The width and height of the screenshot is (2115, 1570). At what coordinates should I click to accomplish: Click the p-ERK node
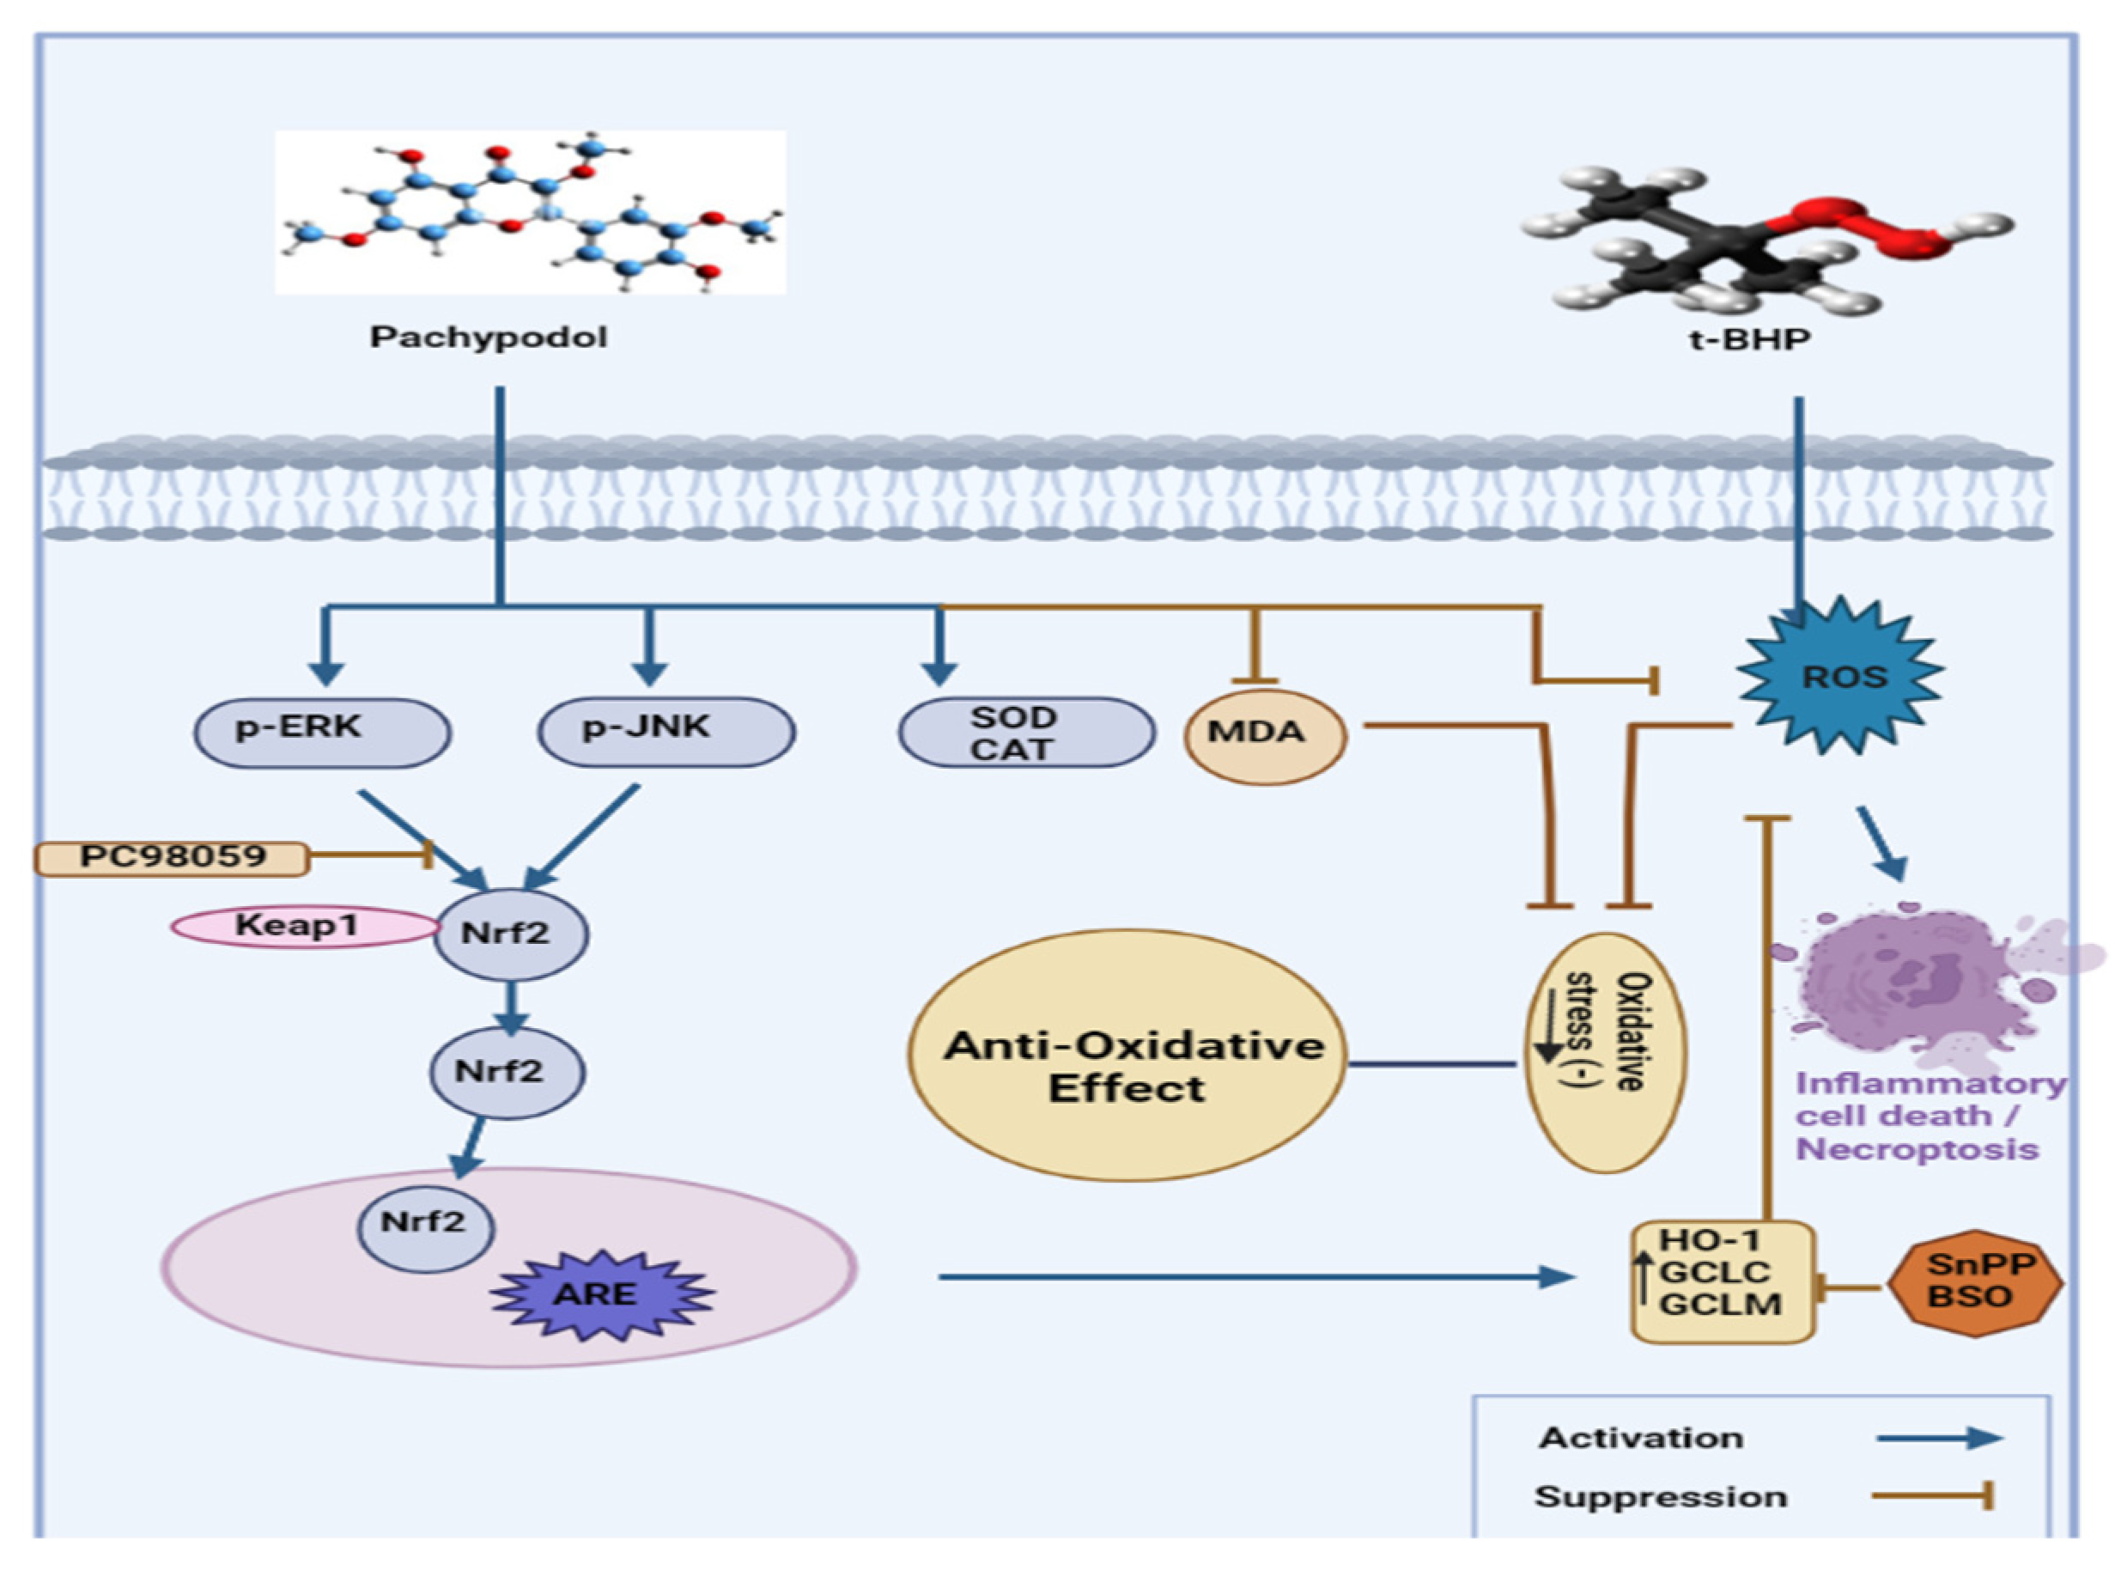322,732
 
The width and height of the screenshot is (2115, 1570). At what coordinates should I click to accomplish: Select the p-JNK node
666,732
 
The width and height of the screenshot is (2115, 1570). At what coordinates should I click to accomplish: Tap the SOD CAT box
1027,733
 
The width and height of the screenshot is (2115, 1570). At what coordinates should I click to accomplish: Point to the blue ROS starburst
1840,678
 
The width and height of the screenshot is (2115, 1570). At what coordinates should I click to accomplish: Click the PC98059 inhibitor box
172,858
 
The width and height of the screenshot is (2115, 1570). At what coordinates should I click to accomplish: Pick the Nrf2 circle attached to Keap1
511,934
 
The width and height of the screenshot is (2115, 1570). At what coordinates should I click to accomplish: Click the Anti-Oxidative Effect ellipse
1127,1055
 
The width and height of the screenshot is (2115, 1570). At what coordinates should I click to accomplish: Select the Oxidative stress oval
1606,1052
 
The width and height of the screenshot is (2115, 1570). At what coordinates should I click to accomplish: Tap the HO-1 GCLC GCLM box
1723,1282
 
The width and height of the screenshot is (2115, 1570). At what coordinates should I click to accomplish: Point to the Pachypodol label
489,338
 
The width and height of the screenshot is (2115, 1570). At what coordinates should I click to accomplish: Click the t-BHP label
1749,339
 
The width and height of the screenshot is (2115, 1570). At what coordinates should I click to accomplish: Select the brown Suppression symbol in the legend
1933,1498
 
